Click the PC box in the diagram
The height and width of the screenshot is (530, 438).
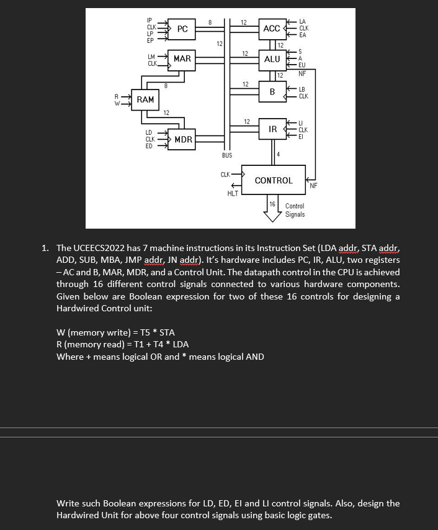[182, 29]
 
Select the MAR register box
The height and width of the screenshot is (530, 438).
[182, 58]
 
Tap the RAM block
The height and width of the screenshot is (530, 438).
[146, 100]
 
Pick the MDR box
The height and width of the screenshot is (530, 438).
[183, 139]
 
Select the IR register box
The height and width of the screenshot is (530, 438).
[272, 129]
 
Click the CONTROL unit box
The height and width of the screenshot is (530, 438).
[274, 180]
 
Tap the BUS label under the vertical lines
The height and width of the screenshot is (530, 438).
[227, 155]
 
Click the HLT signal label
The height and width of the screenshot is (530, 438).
[233, 194]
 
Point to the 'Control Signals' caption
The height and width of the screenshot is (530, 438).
[295, 210]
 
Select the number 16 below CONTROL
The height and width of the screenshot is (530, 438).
[272, 204]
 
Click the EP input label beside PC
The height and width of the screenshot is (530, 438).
[150, 40]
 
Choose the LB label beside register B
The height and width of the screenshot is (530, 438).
[302, 90]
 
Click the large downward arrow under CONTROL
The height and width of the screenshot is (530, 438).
[272, 213]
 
